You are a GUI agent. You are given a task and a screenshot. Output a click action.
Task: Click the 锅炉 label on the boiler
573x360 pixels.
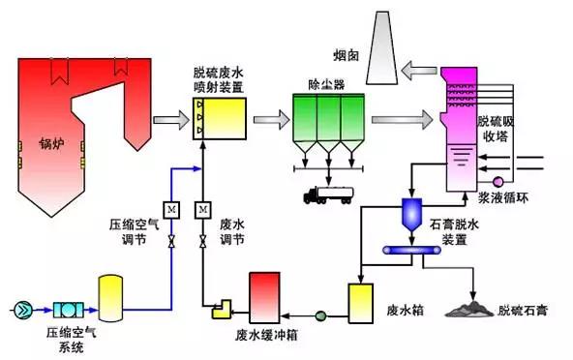(51, 143)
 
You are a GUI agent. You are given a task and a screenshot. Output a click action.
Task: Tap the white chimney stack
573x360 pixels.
(382, 47)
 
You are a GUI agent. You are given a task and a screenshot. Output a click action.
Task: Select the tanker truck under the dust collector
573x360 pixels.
(328, 195)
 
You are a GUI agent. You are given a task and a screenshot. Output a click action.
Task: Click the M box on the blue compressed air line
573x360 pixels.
(171, 210)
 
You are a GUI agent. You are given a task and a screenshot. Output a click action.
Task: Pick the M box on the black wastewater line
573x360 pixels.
(203, 210)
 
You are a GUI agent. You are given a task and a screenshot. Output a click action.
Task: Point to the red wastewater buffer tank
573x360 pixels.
(264, 298)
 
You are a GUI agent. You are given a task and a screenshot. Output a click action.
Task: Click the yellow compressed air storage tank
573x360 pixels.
(110, 299)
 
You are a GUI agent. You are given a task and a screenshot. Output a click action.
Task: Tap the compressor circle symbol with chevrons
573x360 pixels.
(23, 310)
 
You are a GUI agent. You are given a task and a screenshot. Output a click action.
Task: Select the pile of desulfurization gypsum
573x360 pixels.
(469, 310)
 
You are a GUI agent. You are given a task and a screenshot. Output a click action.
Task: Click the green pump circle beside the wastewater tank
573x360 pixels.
(320, 315)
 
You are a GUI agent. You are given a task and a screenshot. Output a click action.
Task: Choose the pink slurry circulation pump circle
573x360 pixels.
(498, 182)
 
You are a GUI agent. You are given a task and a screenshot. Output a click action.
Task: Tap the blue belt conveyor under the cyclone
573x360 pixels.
(411, 250)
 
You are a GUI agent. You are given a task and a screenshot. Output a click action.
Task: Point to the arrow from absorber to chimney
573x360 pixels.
(419, 71)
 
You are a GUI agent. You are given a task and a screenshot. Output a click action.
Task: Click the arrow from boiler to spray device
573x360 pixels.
(171, 120)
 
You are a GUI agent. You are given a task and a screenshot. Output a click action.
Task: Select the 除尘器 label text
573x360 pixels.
(326, 85)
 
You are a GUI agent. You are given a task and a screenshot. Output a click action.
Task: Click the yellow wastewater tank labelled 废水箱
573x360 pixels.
(361, 304)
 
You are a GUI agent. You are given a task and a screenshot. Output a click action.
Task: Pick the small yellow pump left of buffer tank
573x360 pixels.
(222, 309)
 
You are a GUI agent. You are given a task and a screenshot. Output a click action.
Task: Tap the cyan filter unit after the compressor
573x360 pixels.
(69, 310)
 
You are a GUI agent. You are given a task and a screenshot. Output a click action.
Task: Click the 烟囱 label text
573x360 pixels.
(346, 55)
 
